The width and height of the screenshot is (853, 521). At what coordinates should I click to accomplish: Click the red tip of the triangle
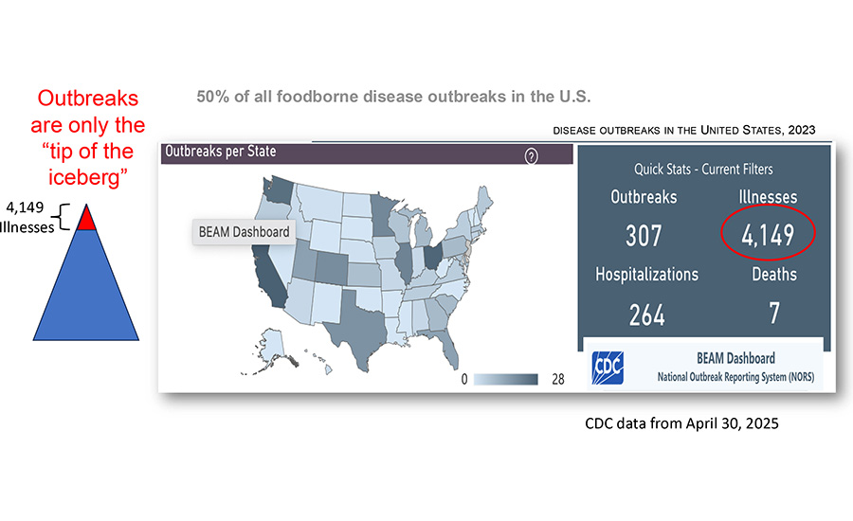click(x=87, y=220)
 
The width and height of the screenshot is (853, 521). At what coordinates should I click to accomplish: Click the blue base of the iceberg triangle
click(x=87, y=289)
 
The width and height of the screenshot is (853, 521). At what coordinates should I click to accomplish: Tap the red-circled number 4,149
click(x=769, y=235)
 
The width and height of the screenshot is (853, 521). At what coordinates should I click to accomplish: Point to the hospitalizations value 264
click(x=647, y=314)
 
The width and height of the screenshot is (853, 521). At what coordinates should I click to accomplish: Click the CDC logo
click(x=607, y=367)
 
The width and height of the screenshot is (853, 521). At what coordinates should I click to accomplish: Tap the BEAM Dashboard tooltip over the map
click(x=243, y=231)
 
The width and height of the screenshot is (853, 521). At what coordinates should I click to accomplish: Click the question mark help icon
click(x=531, y=156)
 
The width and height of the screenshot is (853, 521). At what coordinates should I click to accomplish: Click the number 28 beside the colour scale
click(x=558, y=380)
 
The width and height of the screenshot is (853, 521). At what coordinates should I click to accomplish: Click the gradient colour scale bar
click(x=506, y=380)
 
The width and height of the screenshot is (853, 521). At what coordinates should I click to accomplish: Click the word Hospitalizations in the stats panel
click(x=647, y=274)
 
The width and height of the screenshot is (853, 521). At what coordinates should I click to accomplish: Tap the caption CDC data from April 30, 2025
click(x=681, y=423)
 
